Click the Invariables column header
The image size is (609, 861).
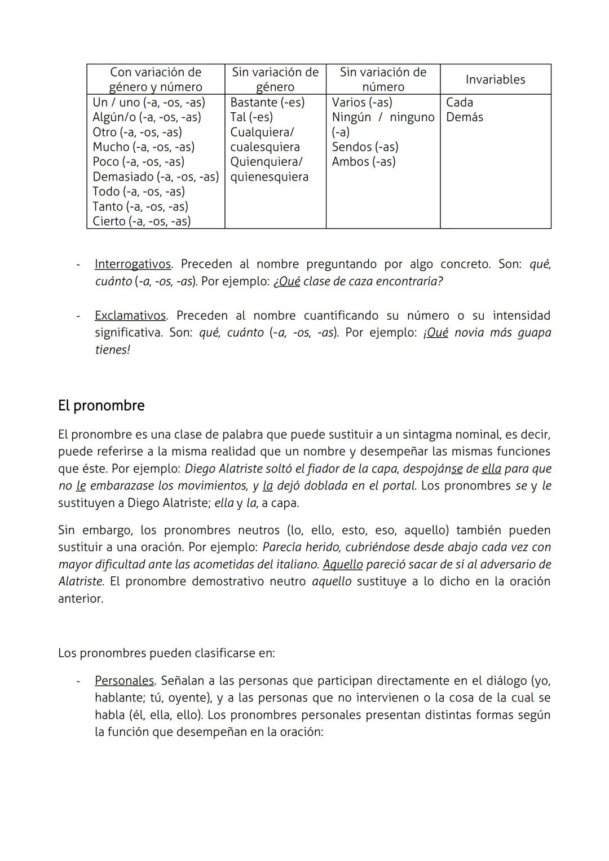click(495, 80)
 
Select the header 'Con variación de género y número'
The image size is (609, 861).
click(156, 80)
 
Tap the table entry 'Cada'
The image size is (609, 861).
click(460, 103)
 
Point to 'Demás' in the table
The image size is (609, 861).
click(464, 117)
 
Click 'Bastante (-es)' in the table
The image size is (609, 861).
click(267, 103)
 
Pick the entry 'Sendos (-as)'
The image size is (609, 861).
click(365, 147)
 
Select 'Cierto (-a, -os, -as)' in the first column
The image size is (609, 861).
click(142, 222)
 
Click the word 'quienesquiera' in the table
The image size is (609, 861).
click(270, 177)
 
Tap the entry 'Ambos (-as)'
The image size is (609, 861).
click(364, 162)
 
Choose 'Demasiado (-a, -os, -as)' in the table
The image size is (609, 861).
click(156, 177)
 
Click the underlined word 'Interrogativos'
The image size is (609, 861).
click(133, 264)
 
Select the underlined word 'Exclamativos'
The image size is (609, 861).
click(130, 316)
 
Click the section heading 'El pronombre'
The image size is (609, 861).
click(101, 406)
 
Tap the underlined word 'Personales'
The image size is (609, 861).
click(124, 681)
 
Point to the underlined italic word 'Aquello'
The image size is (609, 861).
click(343, 564)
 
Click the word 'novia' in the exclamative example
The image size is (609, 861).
click(469, 333)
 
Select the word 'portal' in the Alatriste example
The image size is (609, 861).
click(398, 486)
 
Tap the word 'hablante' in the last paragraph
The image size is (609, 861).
click(119, 698)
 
